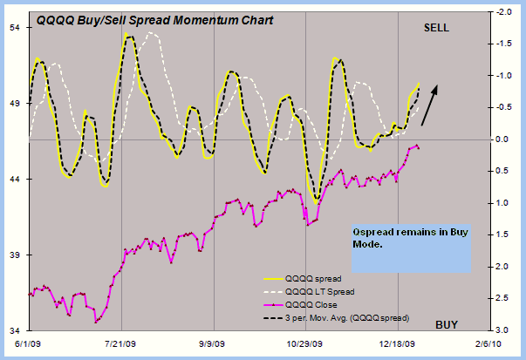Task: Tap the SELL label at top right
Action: pyautogui.click(x=436, y=28)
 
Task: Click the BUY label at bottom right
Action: pyautogui.click(x=447, y=324)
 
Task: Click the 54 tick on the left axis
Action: pyautogui.click(x=16, y=27)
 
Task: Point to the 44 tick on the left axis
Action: pyautogui.click(x=16, y=179)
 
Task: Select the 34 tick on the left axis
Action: pyautogui.click(x=16, y=330)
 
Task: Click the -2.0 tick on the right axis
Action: pyautogui.click(x=493, y=13)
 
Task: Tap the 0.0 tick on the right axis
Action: pyautogui.click(x=493, y=139)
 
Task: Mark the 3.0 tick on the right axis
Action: pyautogui.click(x=493, y=330)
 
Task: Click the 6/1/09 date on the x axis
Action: pyautogui.click(x=30, y=344)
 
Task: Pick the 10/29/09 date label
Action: pyautogui.click(x=307, y=344)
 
